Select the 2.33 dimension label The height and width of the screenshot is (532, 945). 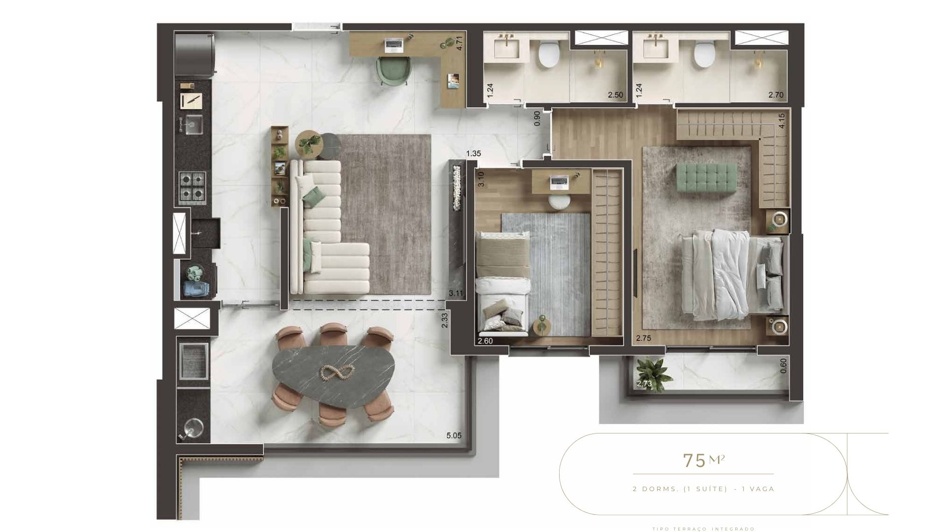click(x=444, y=321)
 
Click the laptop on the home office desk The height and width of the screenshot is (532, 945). click(x=394, y=45)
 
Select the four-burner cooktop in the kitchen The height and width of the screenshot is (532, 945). click(x=192, y=187)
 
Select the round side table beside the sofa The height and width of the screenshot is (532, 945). click(x=309, y=143)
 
